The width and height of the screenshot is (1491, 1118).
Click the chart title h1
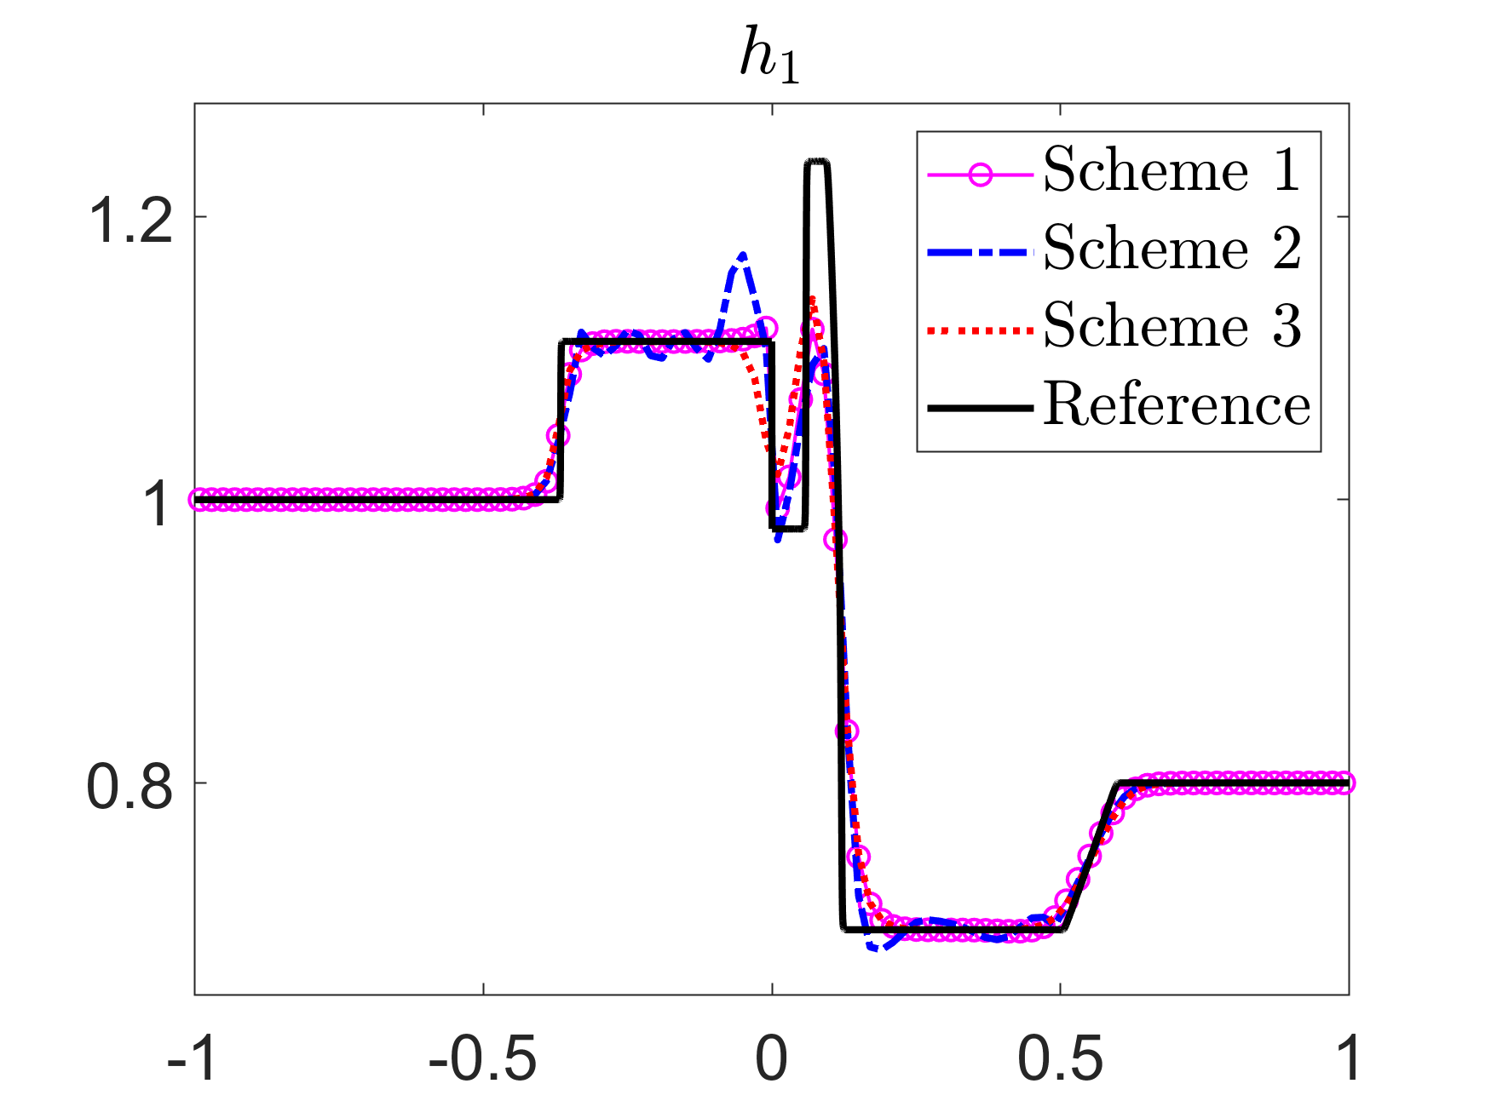click(x=769, y=60)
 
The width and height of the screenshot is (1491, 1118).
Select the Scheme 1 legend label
click(x=1172, y=170)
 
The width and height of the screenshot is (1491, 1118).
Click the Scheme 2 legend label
click(x=1172, y=249)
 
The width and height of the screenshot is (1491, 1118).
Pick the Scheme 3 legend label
click(x=1172, y=327)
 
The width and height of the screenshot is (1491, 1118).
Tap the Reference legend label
click(x=1177, y=404)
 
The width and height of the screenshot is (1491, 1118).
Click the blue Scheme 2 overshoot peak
click(x=743, y=255)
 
